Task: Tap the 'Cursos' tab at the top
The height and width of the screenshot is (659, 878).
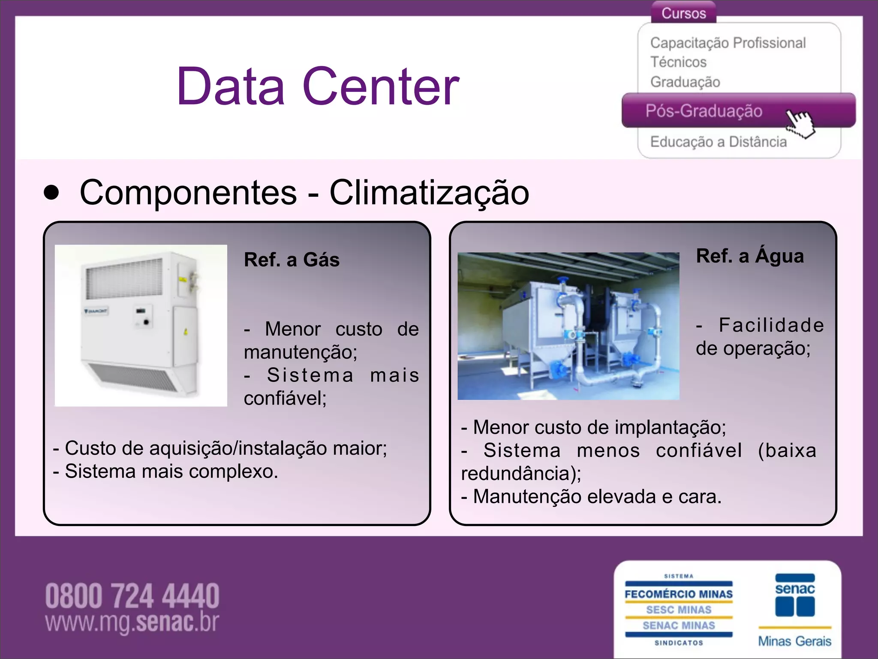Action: pos(683,13)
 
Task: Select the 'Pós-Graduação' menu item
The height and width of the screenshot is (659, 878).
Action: pos(704,111)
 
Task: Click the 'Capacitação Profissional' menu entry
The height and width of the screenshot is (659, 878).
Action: pos(728,43)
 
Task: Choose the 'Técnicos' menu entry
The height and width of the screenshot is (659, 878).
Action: pos(678,62)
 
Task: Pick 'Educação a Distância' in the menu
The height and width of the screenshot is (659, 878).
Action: pos(719,142)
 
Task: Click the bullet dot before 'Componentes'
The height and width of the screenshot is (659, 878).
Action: pos(51,193)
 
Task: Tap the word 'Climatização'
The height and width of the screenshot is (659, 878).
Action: pos(429,193)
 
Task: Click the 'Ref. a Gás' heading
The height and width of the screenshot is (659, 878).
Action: pos(292,260)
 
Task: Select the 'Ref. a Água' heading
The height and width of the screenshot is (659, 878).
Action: pos(750,256)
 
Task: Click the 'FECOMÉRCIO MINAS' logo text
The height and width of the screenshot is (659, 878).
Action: pos(679,594)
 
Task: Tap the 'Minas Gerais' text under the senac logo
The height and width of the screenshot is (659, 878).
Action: pos(794,641)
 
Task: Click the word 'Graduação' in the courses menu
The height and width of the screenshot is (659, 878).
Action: pos(685,82)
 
